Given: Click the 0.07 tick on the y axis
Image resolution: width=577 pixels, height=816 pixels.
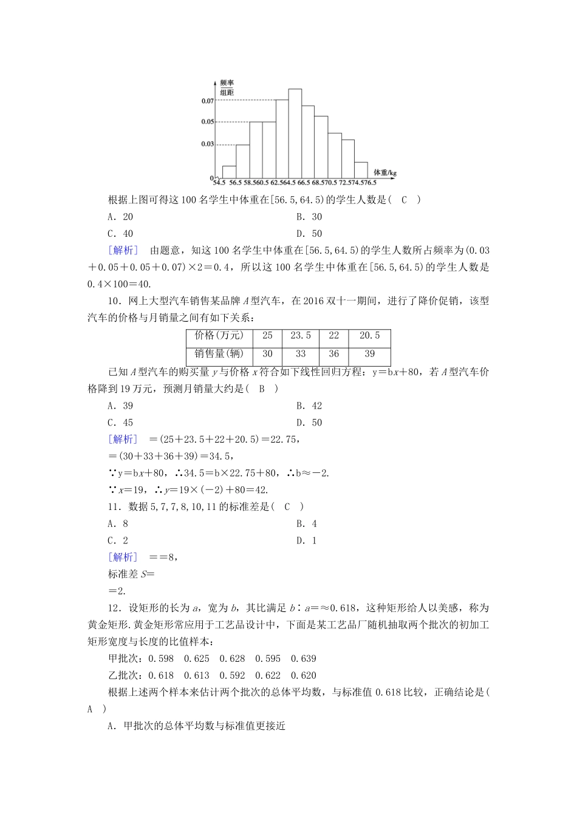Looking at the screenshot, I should (x=207, y=101).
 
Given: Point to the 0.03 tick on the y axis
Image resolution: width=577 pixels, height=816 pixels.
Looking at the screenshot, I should (x=207, y=144).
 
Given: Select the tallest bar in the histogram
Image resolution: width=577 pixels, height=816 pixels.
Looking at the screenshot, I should (x=295, y=135).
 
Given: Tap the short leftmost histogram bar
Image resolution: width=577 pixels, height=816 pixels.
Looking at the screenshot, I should (x=229, y=173).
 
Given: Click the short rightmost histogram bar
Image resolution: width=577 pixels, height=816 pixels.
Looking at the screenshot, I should (x=361, y=171).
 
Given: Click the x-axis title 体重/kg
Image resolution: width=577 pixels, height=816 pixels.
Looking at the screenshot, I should (x=384, y=172).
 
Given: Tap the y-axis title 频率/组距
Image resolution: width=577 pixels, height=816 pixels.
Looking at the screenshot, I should (x=227, y=87).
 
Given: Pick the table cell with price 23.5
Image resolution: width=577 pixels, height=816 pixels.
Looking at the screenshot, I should (x=301, y=336).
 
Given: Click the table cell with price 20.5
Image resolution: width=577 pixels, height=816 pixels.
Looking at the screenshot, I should (x=369, y=336).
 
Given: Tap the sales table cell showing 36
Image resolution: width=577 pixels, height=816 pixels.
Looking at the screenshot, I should (x=333, y=354).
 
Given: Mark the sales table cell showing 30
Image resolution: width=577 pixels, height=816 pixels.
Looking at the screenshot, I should (x=267, y=354).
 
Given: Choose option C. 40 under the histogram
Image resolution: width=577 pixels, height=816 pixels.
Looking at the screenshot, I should (x=120, y=234).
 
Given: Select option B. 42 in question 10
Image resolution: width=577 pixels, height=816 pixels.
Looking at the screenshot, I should (x=309, y=406).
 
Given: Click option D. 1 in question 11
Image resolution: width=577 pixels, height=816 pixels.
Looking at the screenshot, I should (x=307, y=541).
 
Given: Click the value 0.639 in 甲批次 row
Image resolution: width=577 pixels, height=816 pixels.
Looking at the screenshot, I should (x=304, y=659).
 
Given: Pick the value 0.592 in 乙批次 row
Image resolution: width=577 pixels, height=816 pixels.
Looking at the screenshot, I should (x=233, y=676).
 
